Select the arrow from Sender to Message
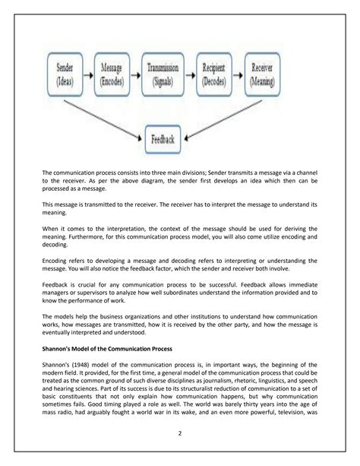(90, 71)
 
